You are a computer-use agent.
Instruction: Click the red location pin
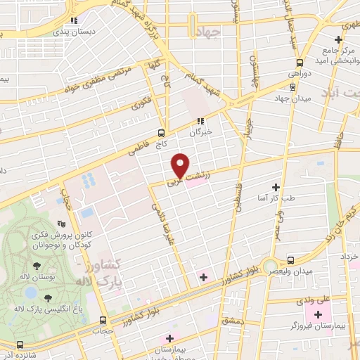(x=181, y=165)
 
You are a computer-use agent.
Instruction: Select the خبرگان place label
(x=200, y=131)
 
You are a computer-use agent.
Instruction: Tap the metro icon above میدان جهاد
(x=292, y=86)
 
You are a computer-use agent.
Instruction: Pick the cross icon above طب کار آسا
(x=276, y=188)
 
